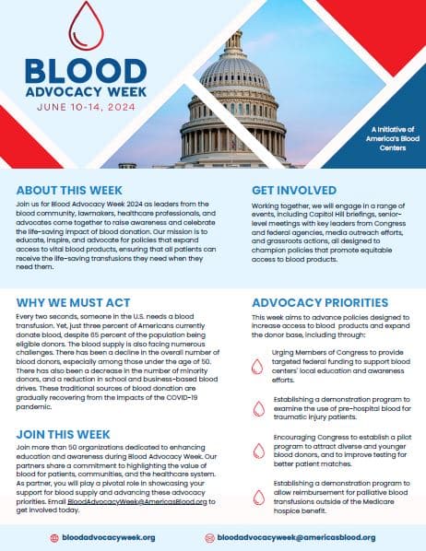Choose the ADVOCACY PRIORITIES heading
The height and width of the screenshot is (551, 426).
pos(320,301)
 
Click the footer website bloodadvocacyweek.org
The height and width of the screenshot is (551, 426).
pos(113,535)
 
